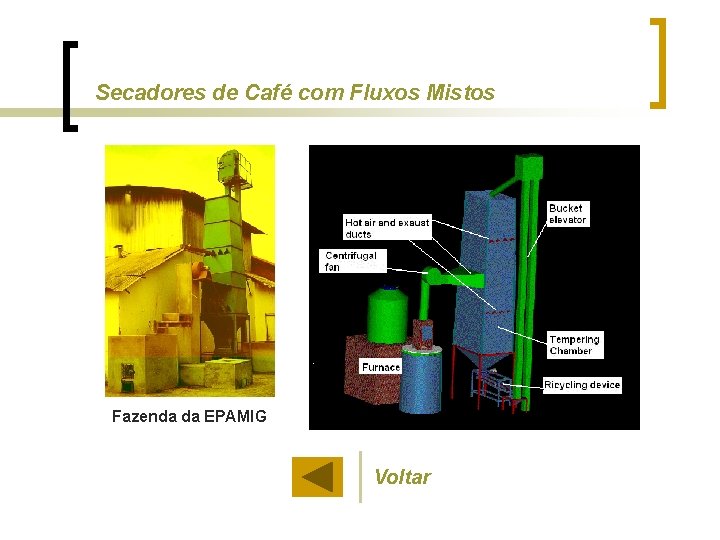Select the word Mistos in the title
(x=460, y=93)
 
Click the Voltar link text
(x=402, y=477)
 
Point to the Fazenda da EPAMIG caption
(x=189, y=416)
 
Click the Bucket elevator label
(x=567, y=214)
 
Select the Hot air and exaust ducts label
(x=386, y=228)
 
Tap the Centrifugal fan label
(x=350, y=261)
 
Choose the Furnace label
(x=381, y=367)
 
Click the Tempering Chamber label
(x=574, y=345)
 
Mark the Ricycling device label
(x=582, y=385)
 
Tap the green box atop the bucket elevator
(x=527, y=167)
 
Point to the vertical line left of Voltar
(x=360, y=476)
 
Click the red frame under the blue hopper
(x=490, y=390)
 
